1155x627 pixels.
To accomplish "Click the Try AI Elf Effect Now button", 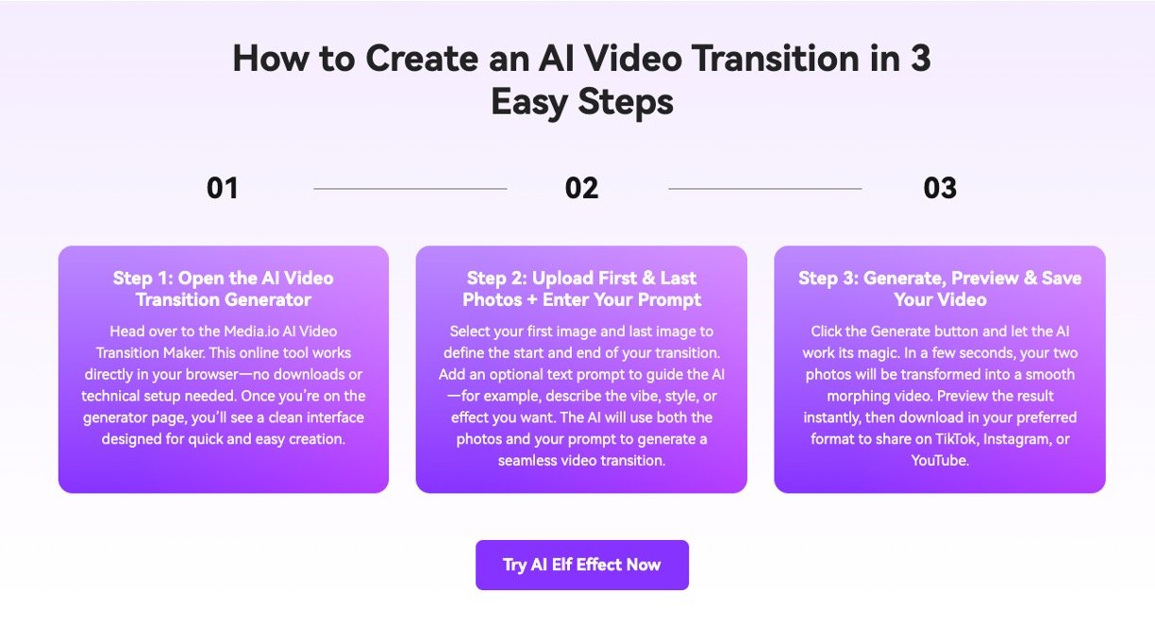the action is (x=581, y=565).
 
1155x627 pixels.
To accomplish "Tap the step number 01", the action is (x=223, y=188).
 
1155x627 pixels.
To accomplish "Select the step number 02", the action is (x=581, y=188).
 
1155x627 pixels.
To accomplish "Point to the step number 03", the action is (x=940, y=188).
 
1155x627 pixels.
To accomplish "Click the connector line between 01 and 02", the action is (x=410, y=189).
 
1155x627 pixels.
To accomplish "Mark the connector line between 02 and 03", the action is (x=765, y=189).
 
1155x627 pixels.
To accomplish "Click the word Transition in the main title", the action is (x=776, y=59).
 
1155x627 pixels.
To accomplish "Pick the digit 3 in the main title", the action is (x=921, y=59).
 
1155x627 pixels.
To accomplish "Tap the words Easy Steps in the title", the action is (x=582, y=102).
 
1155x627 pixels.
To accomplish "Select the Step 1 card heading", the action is (x=224, y=288).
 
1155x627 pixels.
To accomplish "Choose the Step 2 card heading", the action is (x=581, y=288).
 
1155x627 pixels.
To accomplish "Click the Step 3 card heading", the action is (x=940, y=288).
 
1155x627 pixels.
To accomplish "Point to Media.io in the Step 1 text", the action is (x=251, y=331).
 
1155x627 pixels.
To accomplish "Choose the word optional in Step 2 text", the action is (x=516, y=375).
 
